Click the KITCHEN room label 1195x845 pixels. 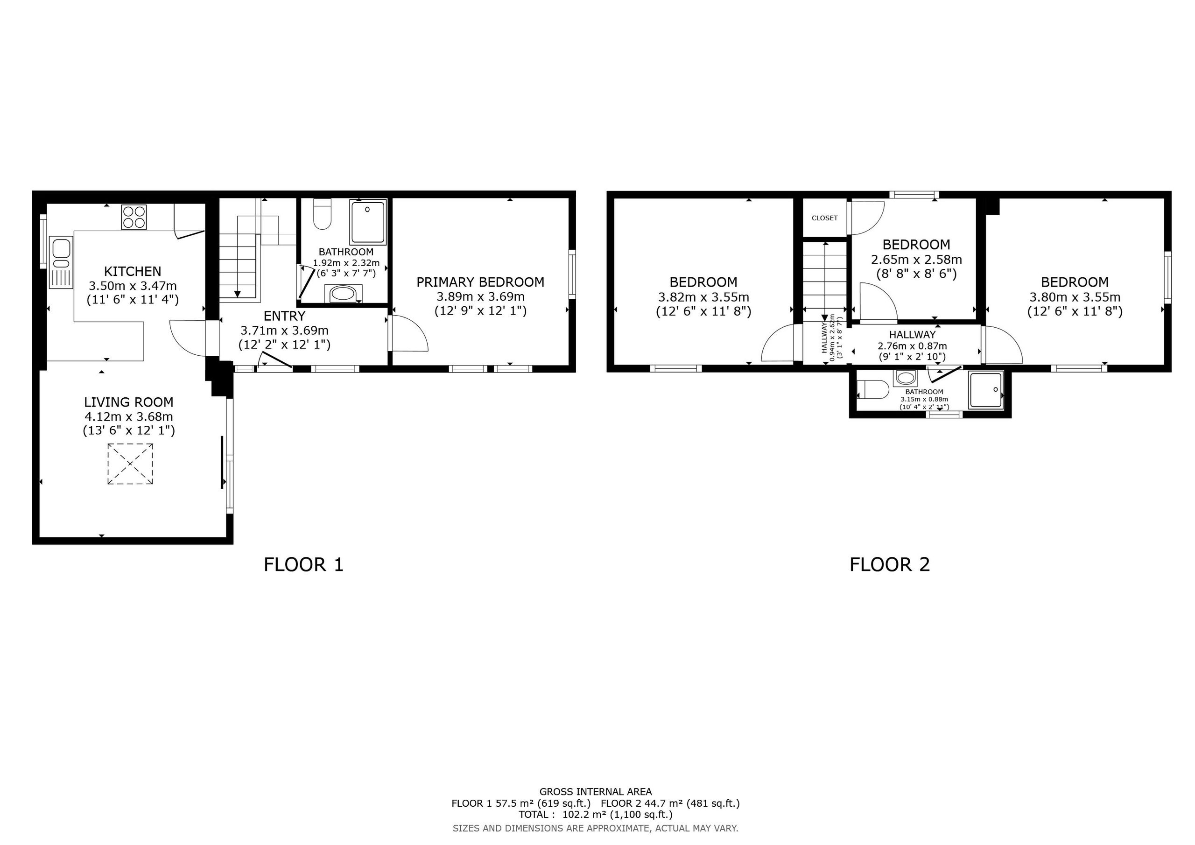[x=133, y=271]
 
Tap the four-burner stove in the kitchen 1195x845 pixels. [x=134, y=217]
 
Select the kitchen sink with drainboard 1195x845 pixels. [x=61, y=262]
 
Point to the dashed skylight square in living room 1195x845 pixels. [x=130, y=464]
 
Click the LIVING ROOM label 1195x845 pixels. [x=128, y=402]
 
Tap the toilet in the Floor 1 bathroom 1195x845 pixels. [x=323, y=214]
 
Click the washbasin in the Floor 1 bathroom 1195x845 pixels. [x=343, y=294]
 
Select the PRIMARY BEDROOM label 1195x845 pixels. [x=480, y=282]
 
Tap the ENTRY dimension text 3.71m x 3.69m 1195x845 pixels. [x=284, y=331]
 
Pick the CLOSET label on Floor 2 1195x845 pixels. [x=824, y=218]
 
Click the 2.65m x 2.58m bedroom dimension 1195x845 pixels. [x=916, y=259]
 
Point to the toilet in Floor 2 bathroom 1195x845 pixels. [x=872, y=389]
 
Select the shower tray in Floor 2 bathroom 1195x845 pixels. [x=985, y=389]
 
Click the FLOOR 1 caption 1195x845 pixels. [x=303, y=565]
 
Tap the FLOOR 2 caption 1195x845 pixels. [x=890, y=565]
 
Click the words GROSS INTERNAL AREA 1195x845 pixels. [x=596, y=792]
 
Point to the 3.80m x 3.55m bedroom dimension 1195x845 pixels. [x=1075, y=297]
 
